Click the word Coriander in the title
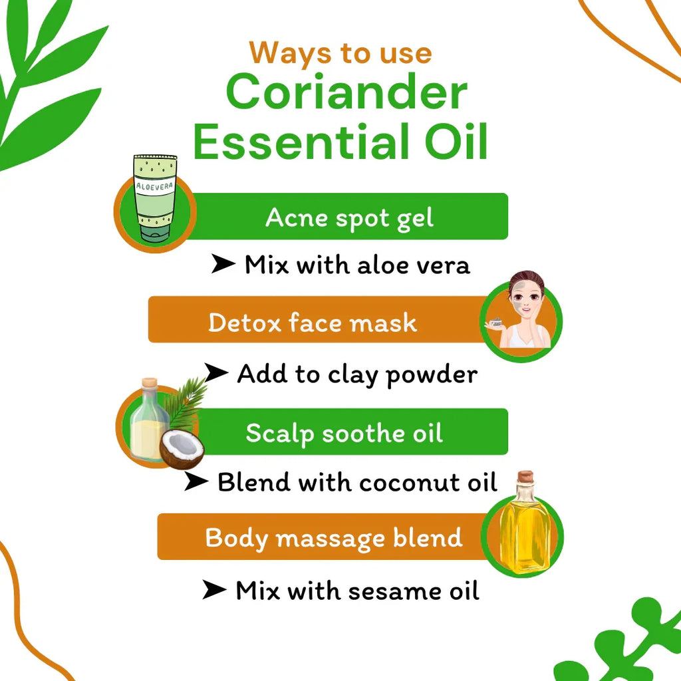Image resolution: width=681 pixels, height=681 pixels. pos(346,93)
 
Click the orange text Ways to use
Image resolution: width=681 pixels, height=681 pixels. pos(340,53)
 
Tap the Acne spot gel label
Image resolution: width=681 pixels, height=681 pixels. pos(350,217)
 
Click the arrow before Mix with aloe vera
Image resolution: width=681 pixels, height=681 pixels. pos(223,265)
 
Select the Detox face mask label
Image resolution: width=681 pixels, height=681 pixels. pos(313,323)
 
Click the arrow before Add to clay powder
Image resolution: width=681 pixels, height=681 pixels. pos(216,374)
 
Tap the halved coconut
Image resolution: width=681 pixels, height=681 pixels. pos(181,450)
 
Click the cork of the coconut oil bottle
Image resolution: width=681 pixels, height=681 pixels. pos(150,384)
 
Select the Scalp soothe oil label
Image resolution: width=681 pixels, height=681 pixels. pos(344,434)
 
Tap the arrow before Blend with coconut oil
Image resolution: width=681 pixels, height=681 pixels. pos(196,482)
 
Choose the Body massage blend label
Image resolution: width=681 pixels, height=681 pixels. pos(334,537)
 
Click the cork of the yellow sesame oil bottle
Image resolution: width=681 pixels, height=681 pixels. pos(525,477)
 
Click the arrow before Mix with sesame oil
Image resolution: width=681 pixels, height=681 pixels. pos(214,589)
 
